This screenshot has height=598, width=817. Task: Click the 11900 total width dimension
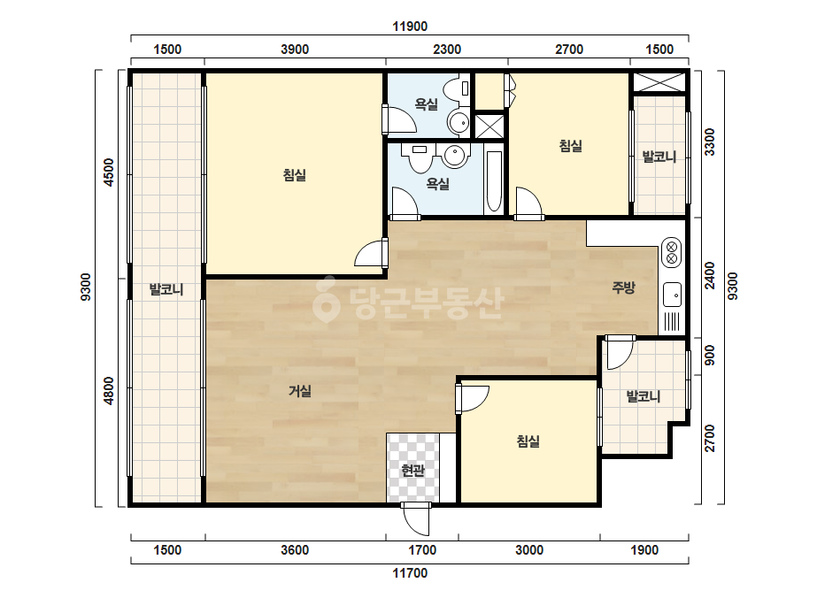coord(410,27)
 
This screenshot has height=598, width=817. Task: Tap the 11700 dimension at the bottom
coord(410,573)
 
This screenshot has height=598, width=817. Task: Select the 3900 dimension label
coord(295,50)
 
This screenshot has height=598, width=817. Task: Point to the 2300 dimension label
coord(447,50)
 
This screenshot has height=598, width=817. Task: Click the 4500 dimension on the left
coord(109,172)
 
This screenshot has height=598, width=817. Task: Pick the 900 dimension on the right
coord(710,356)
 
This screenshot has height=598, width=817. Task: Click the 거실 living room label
coord(300,391)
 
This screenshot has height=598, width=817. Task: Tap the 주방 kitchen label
coord(623,287)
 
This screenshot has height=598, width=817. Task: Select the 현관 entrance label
coord(412,471)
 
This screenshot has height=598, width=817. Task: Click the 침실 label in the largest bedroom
coord(295,175)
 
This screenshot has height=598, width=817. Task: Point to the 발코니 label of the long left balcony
coord(166,289)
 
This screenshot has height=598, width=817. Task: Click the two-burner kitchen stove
coord(672,252)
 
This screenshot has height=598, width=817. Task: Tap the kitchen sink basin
coord(672,295)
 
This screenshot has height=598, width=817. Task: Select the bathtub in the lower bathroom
coord(493,182)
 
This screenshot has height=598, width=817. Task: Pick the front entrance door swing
coord(416,519)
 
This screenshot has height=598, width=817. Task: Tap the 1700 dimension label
coord(422,550)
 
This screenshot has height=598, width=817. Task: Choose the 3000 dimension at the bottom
coord(529,550)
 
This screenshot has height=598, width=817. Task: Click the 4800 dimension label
coord(109,391)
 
